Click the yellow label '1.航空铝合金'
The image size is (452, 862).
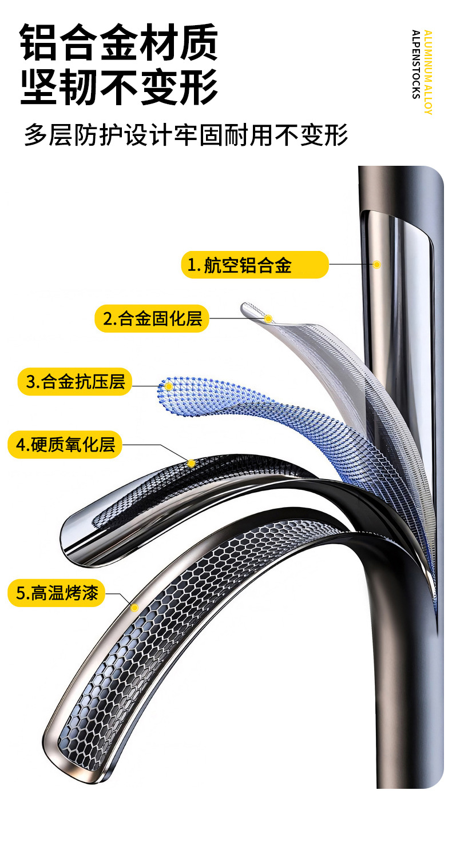tap(255, 265)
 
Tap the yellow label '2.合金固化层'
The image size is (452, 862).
tap(152, 318)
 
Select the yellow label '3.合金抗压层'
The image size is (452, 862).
tap(74, 381)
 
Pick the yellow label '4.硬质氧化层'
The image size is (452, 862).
tap(65, 445)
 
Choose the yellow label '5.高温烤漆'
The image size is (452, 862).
tap(57, 593)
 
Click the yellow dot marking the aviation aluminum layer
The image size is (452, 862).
tap(376, 264)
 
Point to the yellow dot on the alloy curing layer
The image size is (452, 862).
tap(268, 318)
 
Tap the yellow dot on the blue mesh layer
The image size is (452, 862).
tap(169, 386)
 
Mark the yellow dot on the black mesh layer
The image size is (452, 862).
tap(191, 463)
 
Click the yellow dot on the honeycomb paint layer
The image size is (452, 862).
tap(134, 608)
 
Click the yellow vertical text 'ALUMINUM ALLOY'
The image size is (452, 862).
tap(428, 72)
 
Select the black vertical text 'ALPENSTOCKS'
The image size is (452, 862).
tap(415, 64)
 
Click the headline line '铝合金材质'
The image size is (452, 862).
tap(119, 42)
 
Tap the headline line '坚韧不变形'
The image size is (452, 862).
tap(119, 87)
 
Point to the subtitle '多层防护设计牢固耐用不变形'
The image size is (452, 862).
tap(186, 136)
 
